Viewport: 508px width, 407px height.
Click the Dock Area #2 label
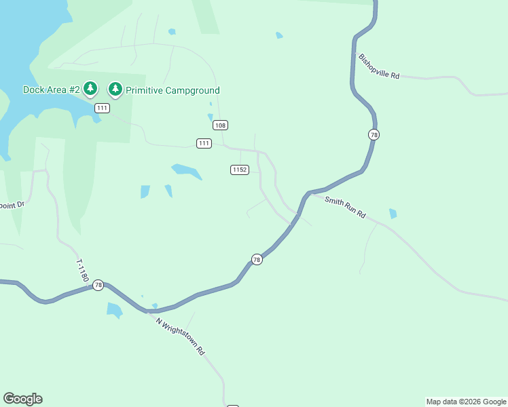(x=52, y=90)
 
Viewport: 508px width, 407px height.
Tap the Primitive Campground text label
(x=173, y=90)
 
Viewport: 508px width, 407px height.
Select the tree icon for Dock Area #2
(x=91, y=89)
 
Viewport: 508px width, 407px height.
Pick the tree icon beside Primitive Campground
(x=115, y=89)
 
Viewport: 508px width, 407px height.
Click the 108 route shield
(x=219, y=125)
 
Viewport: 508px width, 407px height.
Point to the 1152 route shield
(x=239, y=170)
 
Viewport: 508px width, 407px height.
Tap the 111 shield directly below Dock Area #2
(x=102, y=109)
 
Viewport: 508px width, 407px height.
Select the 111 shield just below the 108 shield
(x=204, y=143)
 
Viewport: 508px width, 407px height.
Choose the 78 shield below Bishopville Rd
(x=374, y=134)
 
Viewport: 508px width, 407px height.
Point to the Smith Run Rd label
(x=345, y=207)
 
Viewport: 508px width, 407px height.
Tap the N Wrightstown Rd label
(x=180, y=336)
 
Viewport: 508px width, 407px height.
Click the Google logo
(x=22, y=399)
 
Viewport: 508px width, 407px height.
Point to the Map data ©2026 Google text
(x=466, y=402)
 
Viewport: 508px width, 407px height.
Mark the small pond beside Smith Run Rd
(x=393, y=214)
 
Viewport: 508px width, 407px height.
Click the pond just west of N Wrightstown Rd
(x=114, y=311)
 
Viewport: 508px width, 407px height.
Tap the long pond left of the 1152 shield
(x=187, y=172)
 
